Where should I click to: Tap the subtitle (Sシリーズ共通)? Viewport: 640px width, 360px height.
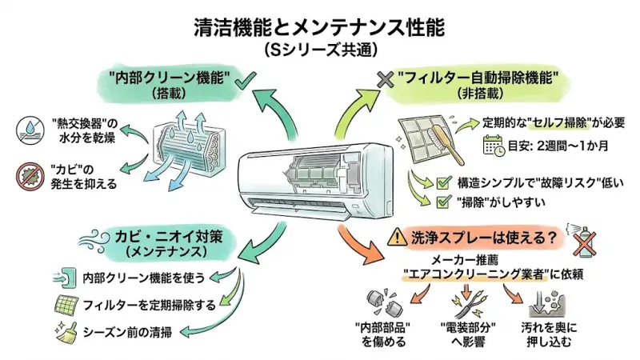(320, 49)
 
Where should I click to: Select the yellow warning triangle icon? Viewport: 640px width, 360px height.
(397, 237)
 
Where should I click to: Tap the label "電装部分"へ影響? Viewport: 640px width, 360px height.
(467, 336)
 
